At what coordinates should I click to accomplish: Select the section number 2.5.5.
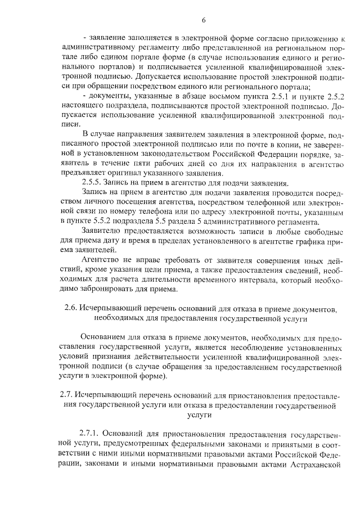click(93, 183)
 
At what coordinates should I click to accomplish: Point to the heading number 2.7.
click(67, 393)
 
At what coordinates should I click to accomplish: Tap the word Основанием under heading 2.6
click(102, 337)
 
